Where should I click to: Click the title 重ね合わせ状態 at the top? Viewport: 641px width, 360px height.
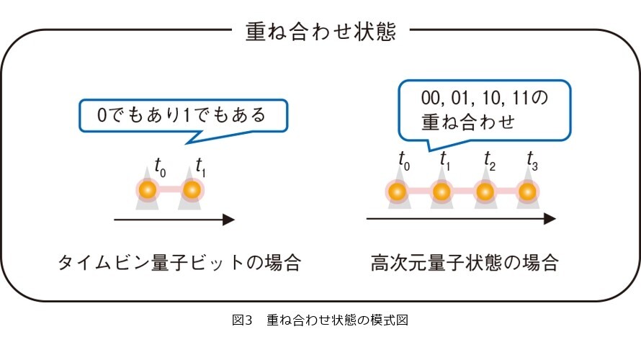pyautogui.click(x=320, y=32)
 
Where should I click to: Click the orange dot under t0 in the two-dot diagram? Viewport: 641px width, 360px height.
pyautogui.click(x=148, y=189)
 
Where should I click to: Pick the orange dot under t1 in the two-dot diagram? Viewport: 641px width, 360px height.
pyautogui.click(x=192, y=189)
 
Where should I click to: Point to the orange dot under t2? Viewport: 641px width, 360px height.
pyautogui.click(x=485, y=192)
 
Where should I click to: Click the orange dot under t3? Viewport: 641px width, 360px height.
pyautogui.click(x=527, y=192)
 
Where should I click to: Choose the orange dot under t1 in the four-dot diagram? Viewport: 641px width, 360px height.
pyautogui.click(x=441, y=192)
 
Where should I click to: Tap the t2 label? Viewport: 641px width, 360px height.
pyautogui.click(x=489, y=161)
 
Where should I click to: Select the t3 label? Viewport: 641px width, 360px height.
pyautogui.click(x=532, y=161)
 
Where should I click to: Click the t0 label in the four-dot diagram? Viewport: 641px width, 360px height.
pyautogui.click(x=404, y=161)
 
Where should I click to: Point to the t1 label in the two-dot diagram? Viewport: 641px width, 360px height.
pyautogui.click(x=200, y=167)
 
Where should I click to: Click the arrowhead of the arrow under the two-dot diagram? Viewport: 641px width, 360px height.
pyautogui.click(x=229, y=220)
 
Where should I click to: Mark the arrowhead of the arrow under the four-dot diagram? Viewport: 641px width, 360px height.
pyautogui.click(x=550, y=219)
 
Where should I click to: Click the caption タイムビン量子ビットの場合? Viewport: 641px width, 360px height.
pyautogui.click(x=179, y=263)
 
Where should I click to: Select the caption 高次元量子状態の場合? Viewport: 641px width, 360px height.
pyautogui.click(x=465, y=263)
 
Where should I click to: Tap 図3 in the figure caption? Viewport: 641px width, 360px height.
pyautogui.click(x=242, y=320)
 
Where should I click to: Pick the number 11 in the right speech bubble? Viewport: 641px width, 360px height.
pyautogui.click(x=521, y=98)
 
